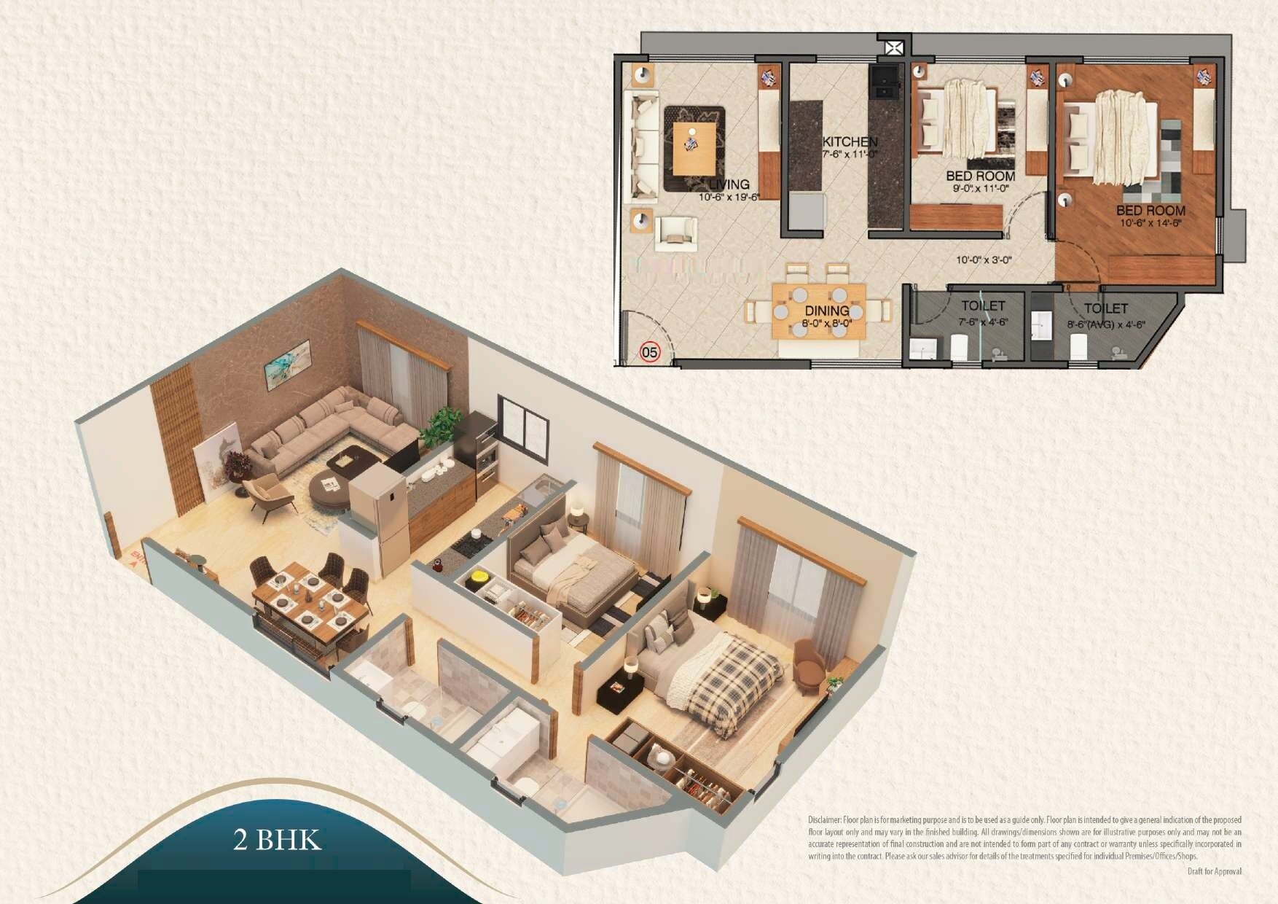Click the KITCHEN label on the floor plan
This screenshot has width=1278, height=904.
point(850,141)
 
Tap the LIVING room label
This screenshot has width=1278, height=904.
point(729,184)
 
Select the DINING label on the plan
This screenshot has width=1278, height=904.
point(826,311)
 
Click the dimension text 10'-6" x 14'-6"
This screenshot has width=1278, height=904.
point(1150,223)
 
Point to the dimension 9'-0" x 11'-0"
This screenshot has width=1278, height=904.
point(980,188)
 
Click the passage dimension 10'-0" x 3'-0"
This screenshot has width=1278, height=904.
point(984,260)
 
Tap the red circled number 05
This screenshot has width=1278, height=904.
point(649,353)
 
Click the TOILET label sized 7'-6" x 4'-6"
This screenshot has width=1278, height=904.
point(982,306)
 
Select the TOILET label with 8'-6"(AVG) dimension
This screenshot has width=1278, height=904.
point(1105,309)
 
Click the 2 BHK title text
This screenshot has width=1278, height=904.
point(277,840)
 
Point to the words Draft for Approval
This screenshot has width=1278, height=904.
point(1214,871)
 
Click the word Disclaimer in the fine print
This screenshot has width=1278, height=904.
point(824,820)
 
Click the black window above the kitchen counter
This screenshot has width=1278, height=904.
point(522,429)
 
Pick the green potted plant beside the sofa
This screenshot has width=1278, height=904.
point(440,426)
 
